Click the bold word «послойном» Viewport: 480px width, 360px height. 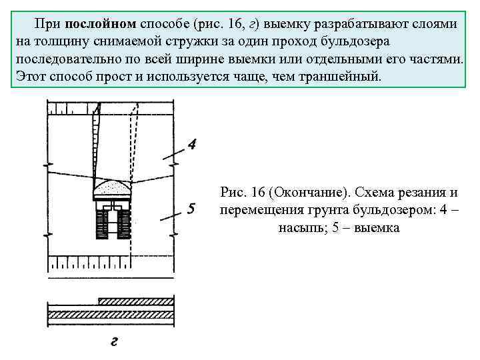click(x=101, y=24)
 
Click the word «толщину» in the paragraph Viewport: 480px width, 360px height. click(x=58, y=41)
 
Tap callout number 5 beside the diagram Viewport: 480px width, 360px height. click(x=192, y=209)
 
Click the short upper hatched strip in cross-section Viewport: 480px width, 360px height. click(x=136, y=301)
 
